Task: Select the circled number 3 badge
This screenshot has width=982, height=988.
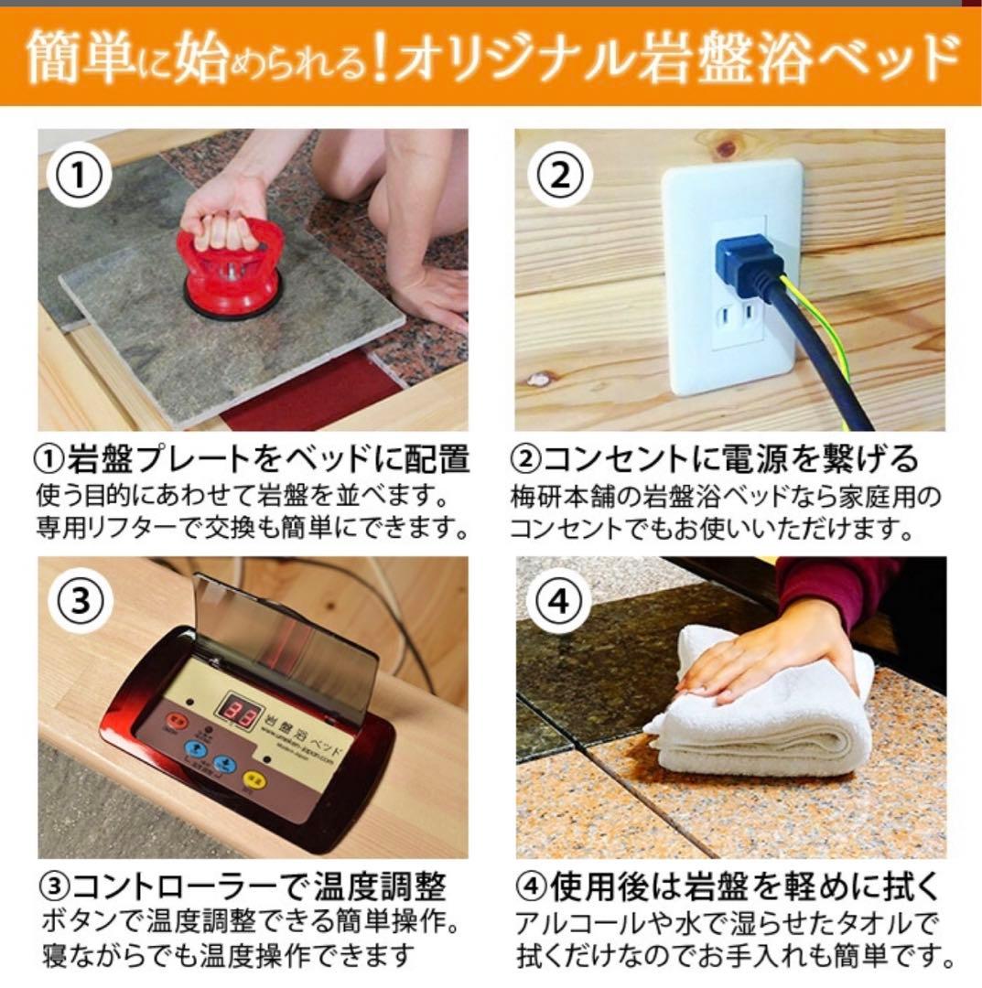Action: tap(81, 603)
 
